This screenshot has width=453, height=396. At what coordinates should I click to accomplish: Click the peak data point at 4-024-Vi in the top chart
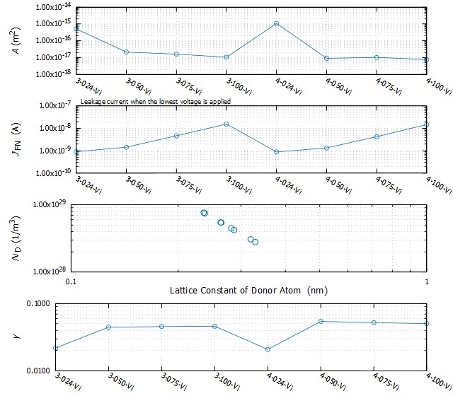tap(277, 23)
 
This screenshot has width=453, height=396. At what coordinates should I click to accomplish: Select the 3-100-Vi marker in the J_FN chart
tap(226, 124)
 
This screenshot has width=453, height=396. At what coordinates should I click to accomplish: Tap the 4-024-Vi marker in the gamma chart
tap(268, 349)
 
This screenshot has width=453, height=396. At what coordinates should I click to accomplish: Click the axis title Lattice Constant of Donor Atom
tap(248, 291)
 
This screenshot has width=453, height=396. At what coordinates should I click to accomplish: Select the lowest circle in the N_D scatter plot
tap(256, 242)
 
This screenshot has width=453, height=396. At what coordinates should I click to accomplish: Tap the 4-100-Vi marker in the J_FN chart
tap(426, 125)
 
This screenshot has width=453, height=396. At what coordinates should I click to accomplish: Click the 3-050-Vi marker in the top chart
tap(126, 52)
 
